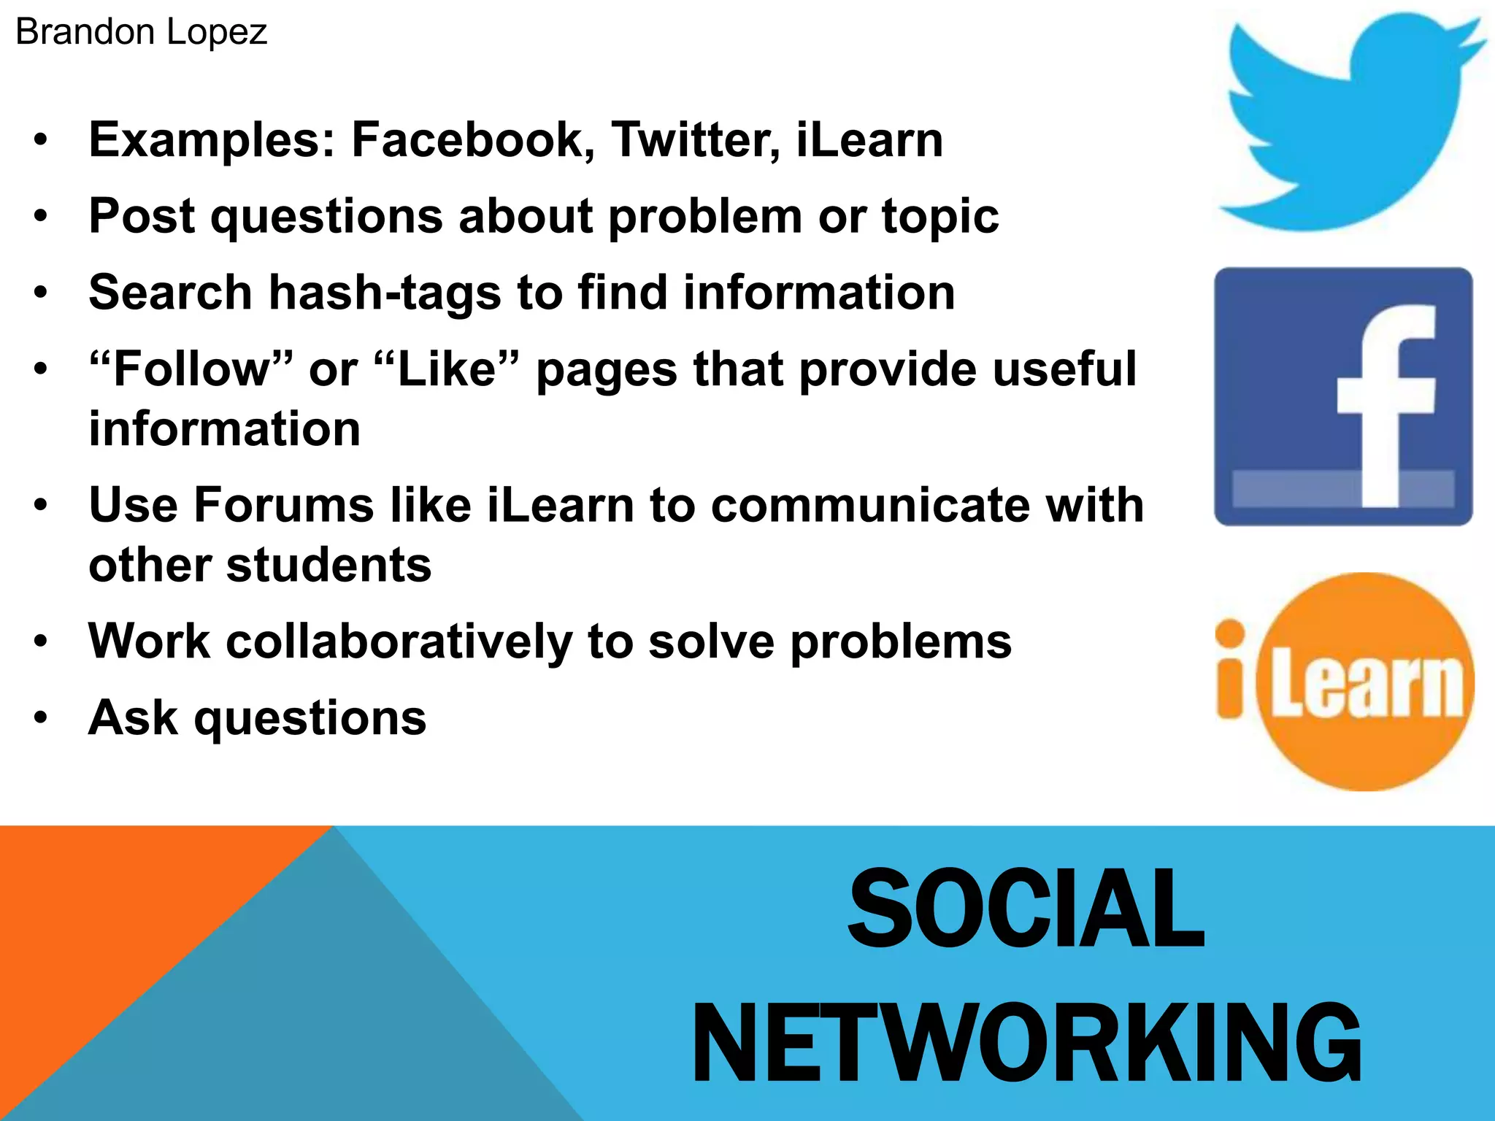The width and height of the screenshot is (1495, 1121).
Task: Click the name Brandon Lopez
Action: [x=141, y=32]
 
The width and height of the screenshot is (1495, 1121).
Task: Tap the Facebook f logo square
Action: [x=1343, y=396]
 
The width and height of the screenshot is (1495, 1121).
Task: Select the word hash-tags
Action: [x=385, y=293]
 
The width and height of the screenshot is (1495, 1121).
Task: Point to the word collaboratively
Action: [x=399, y=642]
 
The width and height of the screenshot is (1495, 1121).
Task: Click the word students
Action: [x=328, y=566]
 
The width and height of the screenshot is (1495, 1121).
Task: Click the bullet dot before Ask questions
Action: [x=41, y=717]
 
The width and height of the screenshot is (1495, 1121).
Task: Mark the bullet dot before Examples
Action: [x=41, y=139]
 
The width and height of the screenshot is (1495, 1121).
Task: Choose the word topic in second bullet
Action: [x=940, y=217]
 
